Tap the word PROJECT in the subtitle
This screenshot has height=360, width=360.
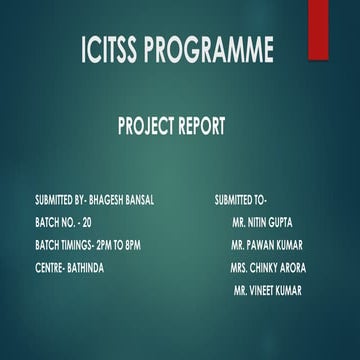[x=150, y=127]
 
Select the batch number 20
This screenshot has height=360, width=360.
[x=84, y=222]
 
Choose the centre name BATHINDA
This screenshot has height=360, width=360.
[x=84, y=268]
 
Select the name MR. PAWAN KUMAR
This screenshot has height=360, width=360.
[x=266, y=245]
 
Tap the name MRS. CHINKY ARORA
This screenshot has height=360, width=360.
[x=268, y=268]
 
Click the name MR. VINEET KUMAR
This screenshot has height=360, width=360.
[x=267, y=291]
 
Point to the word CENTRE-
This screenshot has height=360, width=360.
[x=49, y=268]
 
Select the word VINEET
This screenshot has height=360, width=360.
[x=263, y=291]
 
